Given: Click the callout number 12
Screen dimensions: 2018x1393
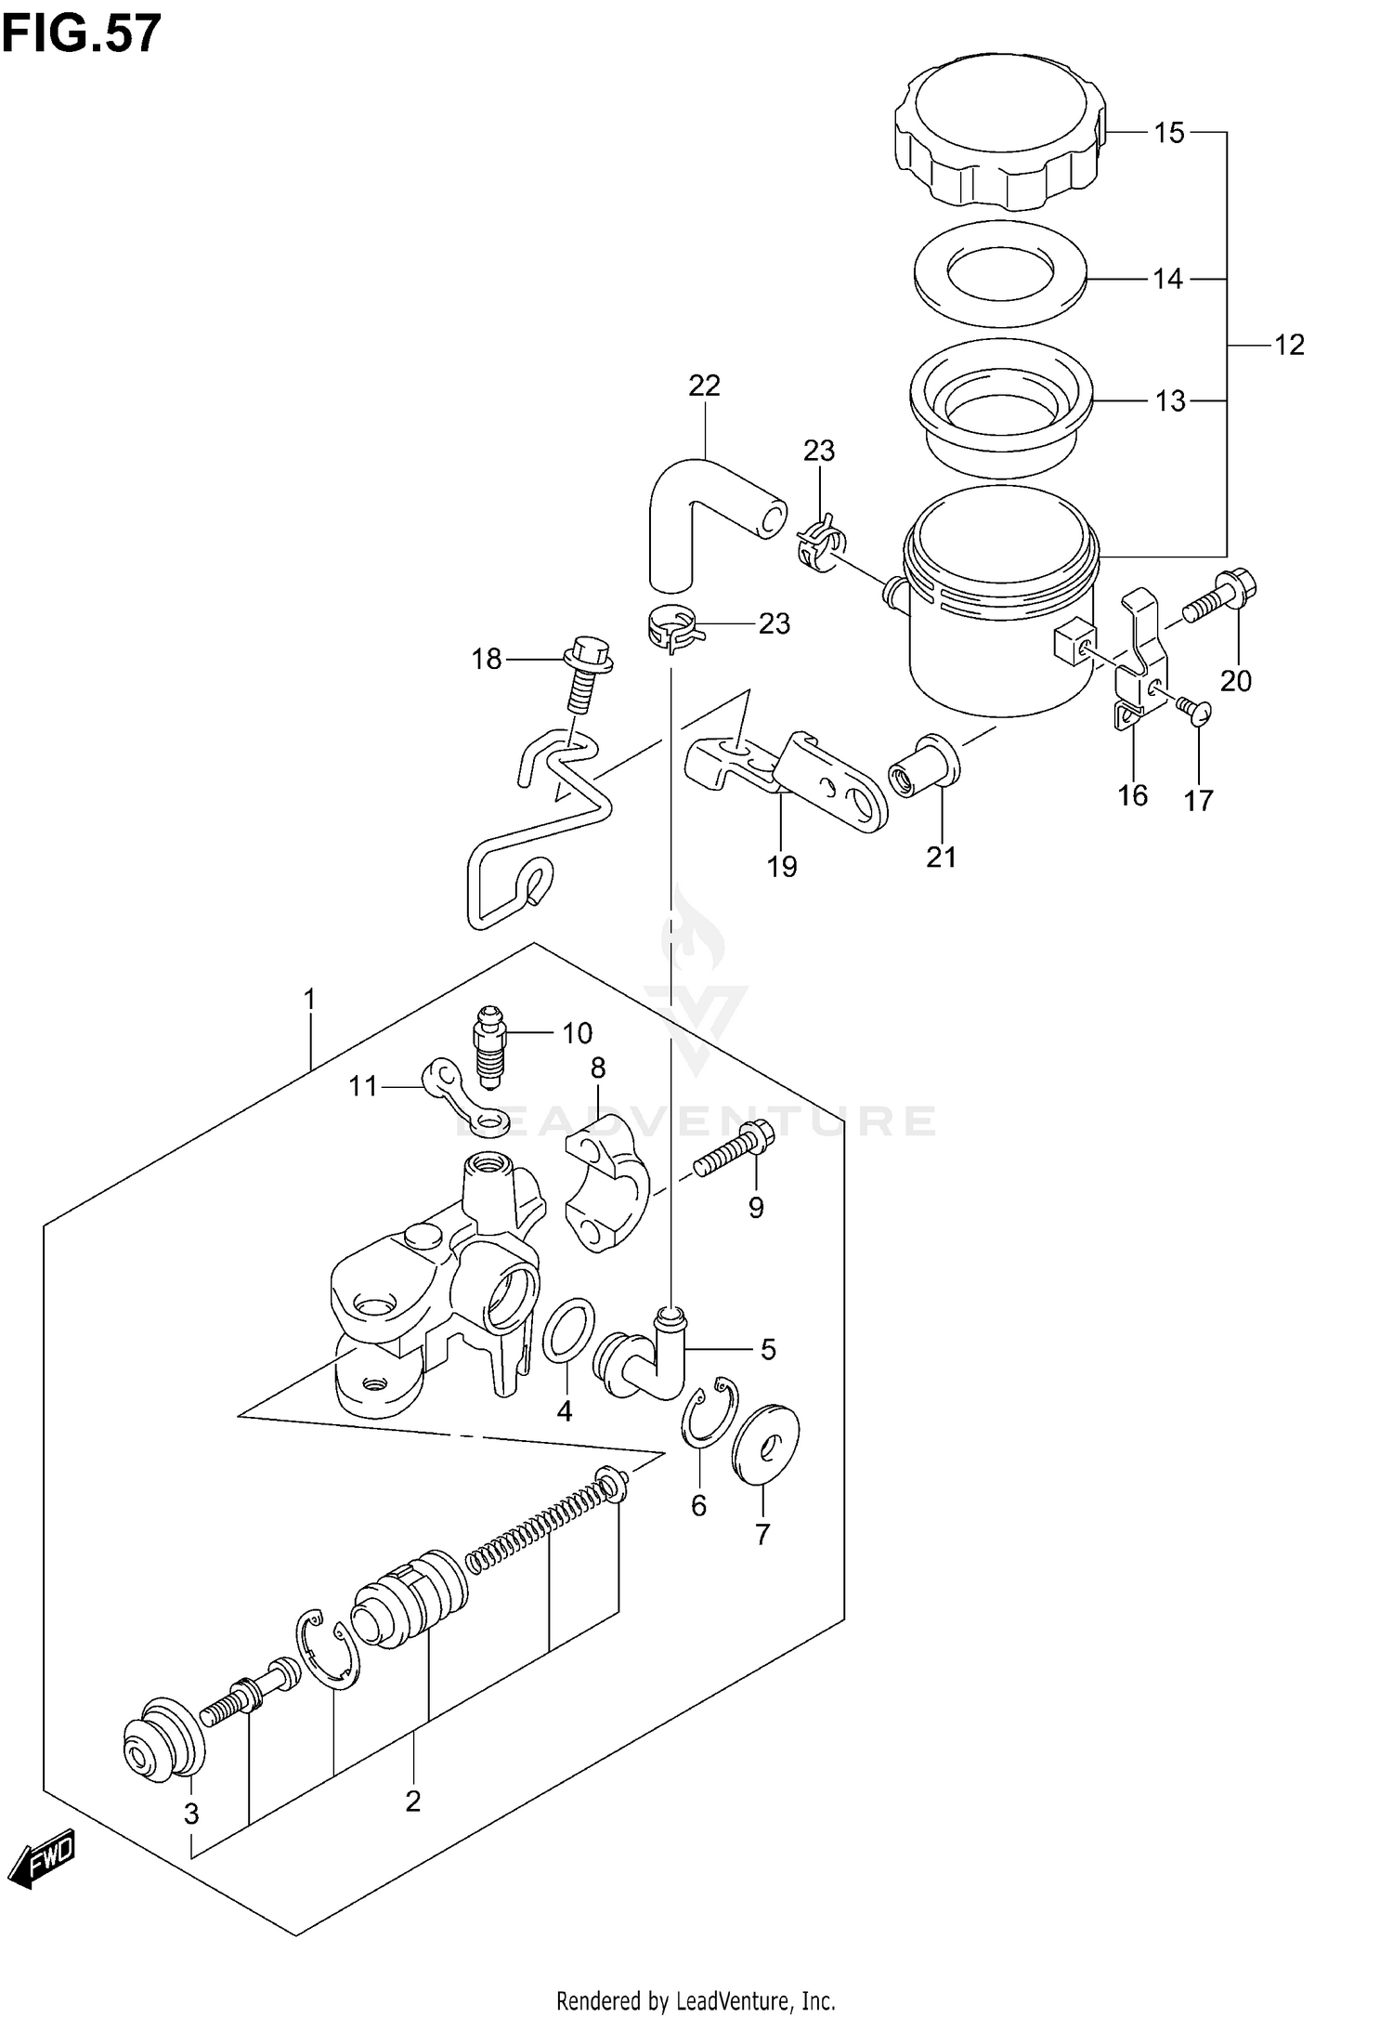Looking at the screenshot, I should point(1289,345).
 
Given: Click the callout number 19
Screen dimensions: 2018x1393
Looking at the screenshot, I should point(782,867).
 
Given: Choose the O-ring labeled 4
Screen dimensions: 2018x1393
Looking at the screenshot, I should point(567,1331).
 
